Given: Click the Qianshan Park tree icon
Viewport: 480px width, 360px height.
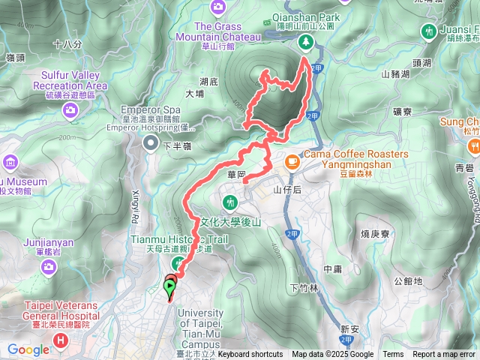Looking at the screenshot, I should pos(305,43).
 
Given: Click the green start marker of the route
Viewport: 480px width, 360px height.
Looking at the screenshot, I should pos(170,286).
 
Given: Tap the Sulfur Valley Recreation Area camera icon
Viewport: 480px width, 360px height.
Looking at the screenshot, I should pos(70,109).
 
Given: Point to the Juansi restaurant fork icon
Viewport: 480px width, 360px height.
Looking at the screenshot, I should pos(428,31).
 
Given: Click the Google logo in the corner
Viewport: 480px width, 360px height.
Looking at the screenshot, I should pos(28,349).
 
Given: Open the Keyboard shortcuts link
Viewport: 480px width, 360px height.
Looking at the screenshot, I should pos(250,355).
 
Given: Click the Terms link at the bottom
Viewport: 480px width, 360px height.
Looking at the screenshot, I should pos(393,355).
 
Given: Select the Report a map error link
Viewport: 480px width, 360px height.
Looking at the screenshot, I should pos(444,355).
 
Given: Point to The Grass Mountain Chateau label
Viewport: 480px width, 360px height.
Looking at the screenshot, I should pos(228,26).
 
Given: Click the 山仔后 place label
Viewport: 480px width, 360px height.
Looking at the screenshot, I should pos(286,190).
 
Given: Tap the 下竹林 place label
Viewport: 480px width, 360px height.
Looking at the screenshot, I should pos(303,288).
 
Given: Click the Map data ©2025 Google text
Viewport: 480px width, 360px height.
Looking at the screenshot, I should pos(333,355).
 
